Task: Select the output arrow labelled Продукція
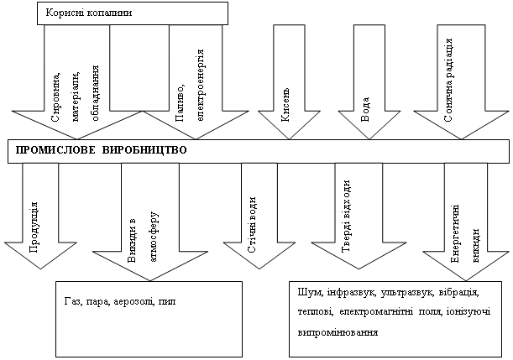click(38, 218)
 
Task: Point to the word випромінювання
click(338, 332)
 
